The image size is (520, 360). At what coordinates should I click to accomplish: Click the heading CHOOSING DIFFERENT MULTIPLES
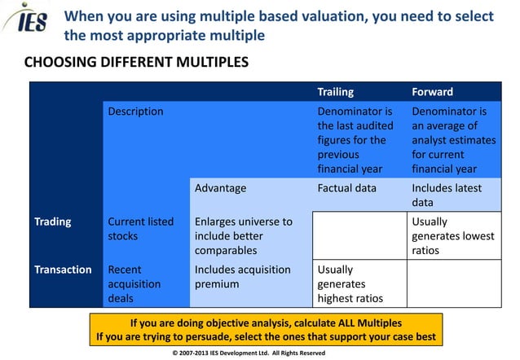(136, 63)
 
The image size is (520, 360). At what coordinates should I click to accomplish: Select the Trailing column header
(335, 92)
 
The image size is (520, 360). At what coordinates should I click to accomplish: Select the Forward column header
(432, 92)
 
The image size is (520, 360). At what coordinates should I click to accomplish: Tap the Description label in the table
(135, 111)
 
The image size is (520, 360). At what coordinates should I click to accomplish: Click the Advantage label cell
(220, 188)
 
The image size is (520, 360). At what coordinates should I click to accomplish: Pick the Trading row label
(52, 222)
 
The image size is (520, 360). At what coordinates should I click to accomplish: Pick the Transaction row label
(62, 270)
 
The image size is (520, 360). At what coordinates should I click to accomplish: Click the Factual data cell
(346, 188)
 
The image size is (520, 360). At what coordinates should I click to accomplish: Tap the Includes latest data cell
(446, 195)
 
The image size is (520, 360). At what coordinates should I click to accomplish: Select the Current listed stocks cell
(140, 228)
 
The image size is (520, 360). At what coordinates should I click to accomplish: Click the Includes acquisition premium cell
(242, 277)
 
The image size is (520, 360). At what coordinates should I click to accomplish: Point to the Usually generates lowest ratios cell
(452, 235)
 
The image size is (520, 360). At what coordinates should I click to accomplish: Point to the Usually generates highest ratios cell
(350, 283)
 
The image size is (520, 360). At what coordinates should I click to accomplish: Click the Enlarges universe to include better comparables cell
(243, 235)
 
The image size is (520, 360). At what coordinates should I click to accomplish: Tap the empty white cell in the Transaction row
(454, 283)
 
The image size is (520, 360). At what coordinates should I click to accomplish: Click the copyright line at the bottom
(249, 353)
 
